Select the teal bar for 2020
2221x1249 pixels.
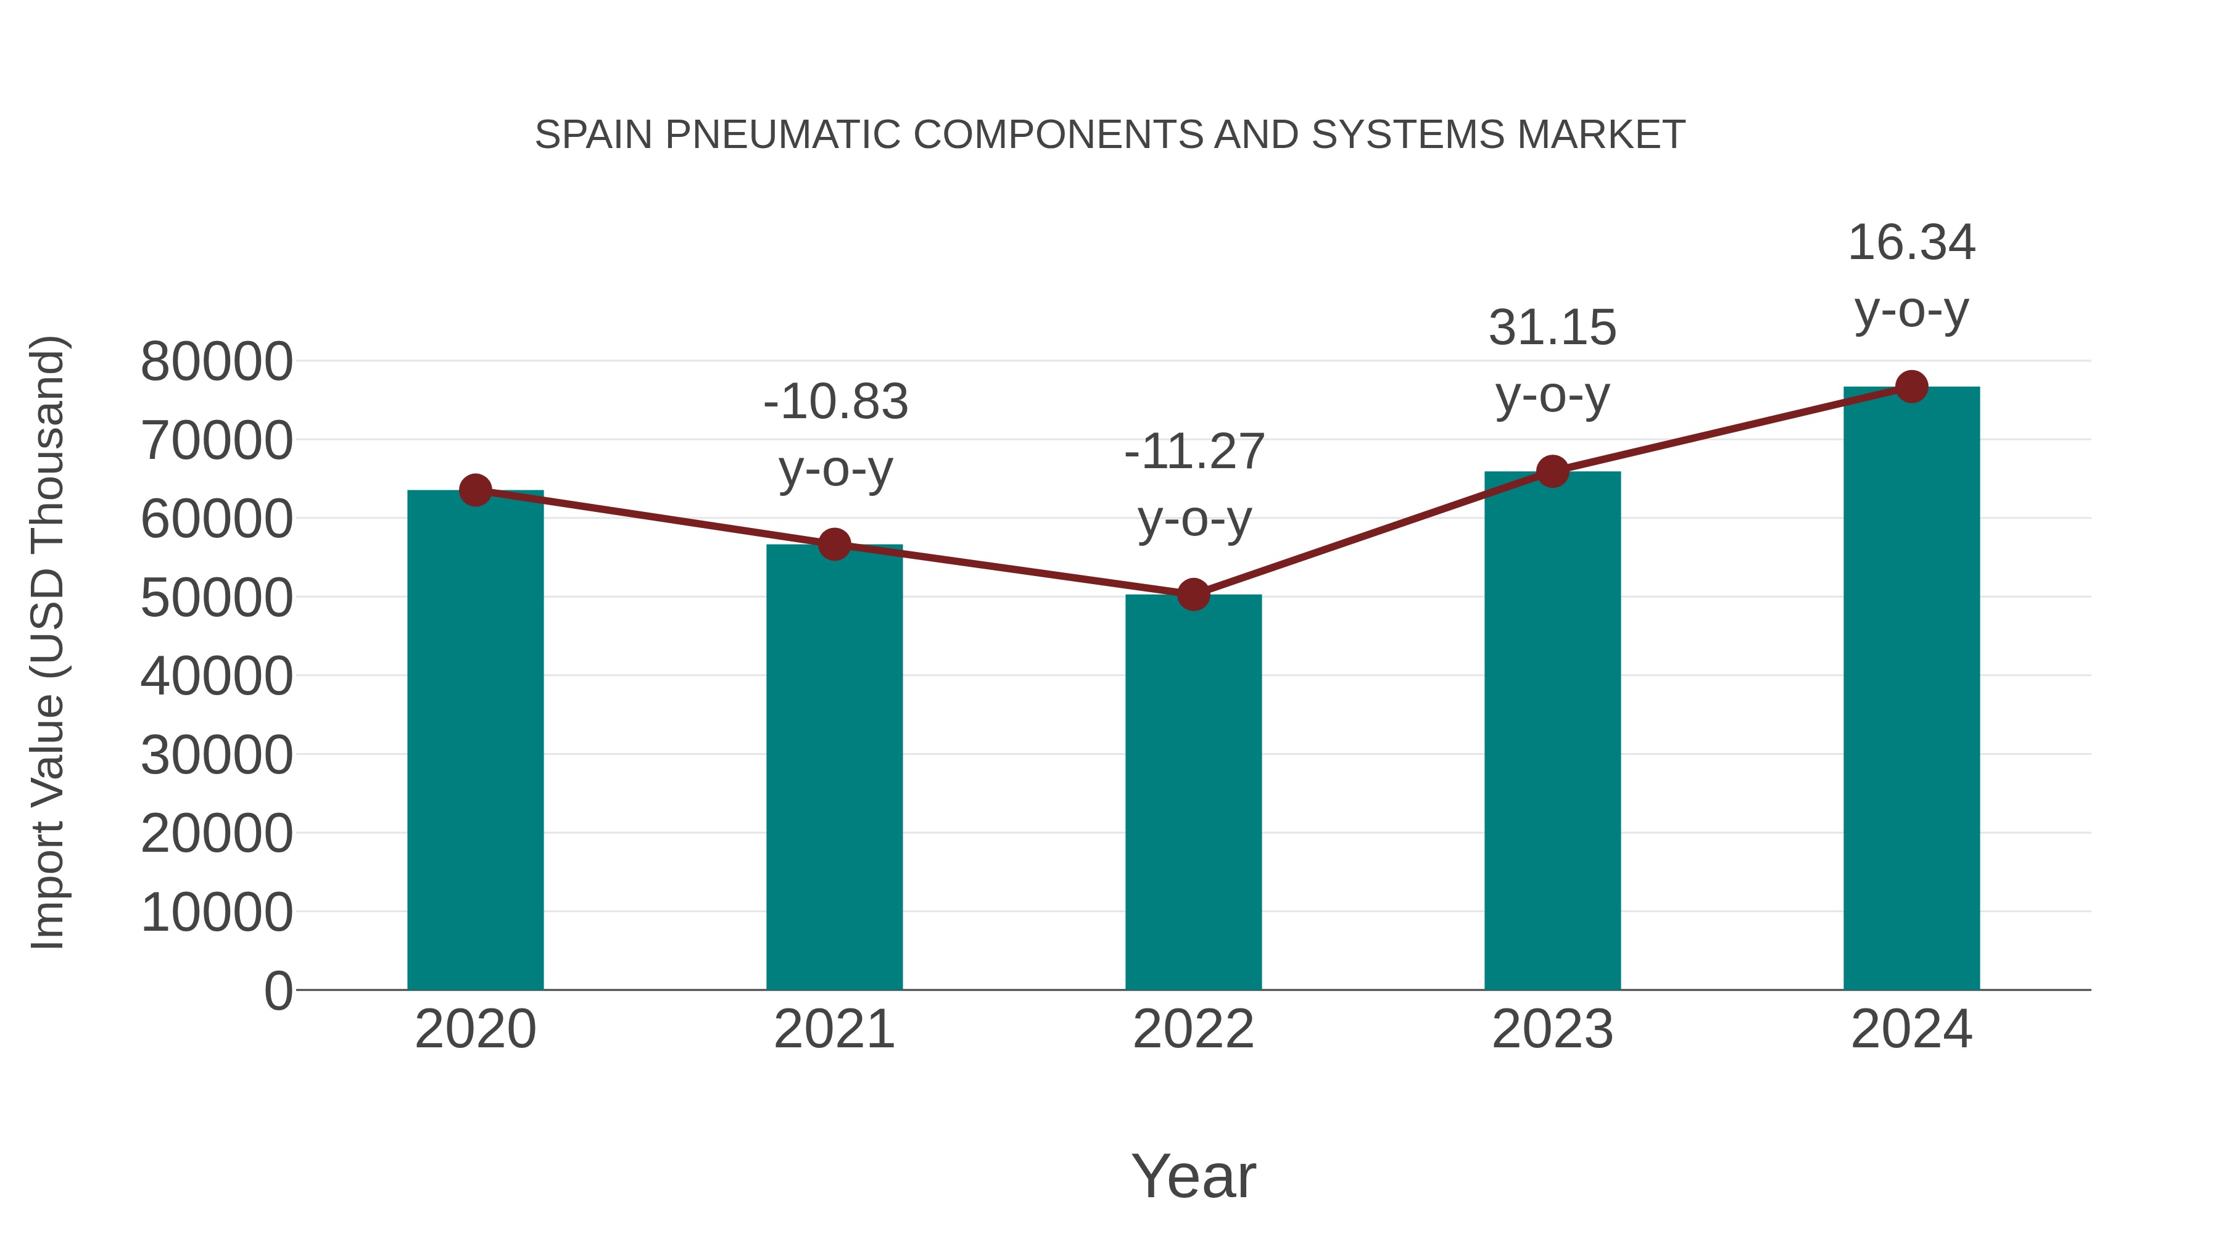[475, 741]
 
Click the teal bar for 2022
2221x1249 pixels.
[1193, 793]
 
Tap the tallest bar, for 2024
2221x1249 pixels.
[1911, 690]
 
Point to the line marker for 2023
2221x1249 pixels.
[1552, 471]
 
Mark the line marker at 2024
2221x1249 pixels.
[1911, 387]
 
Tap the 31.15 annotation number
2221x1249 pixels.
[1552, 328]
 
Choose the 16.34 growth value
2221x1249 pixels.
[1911, 242]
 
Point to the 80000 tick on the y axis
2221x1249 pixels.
[217, 361]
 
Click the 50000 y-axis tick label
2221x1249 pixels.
[217, 597]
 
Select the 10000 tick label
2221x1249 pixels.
[217, 912]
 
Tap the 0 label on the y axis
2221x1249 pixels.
[278, 991]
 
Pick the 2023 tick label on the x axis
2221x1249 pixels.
[1552, 1029]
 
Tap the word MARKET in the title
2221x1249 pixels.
[1600, 134]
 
